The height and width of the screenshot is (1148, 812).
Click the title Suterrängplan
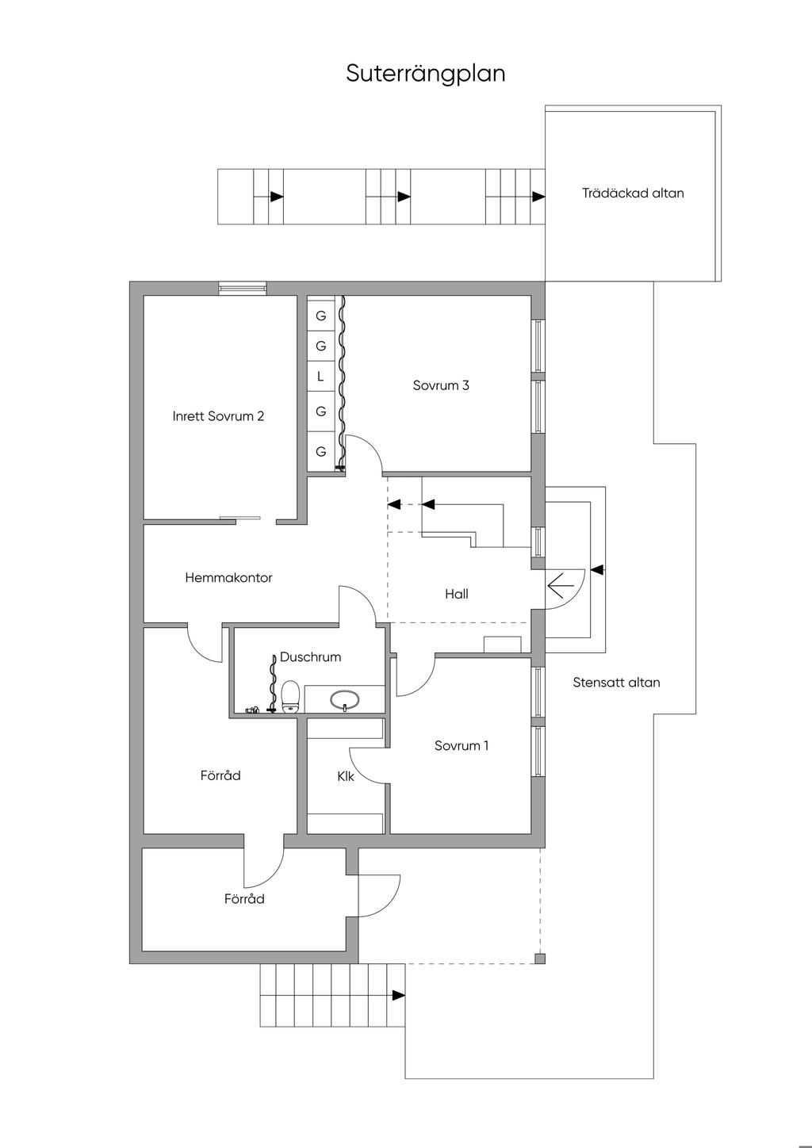pos(426,74)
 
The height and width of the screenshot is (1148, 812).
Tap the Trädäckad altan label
pos(633,193)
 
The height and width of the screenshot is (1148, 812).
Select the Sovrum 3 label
pos(441,385)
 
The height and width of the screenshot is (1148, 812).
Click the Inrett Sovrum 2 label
pos(218,415)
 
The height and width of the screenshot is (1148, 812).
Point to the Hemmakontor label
pos(228,578)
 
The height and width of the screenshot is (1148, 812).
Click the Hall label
pos(457,594)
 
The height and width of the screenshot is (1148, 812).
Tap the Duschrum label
pos(310,656)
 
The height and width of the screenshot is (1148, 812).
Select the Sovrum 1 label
pos(462,745)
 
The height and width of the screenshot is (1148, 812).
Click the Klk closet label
pos(346,776)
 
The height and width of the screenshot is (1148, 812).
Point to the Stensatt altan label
pos(616,682)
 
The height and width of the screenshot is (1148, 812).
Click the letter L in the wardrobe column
pos(320,377)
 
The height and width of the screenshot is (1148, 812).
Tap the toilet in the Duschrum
pos(290,696)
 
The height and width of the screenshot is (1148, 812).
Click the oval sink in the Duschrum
pos(345,700)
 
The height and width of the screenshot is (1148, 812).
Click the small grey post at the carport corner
pos(540,959)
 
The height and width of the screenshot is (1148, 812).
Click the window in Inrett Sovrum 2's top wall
pos(243,289)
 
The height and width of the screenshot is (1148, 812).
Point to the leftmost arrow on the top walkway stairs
pos(276,197)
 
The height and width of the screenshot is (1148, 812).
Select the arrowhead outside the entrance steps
pos(598,569)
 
